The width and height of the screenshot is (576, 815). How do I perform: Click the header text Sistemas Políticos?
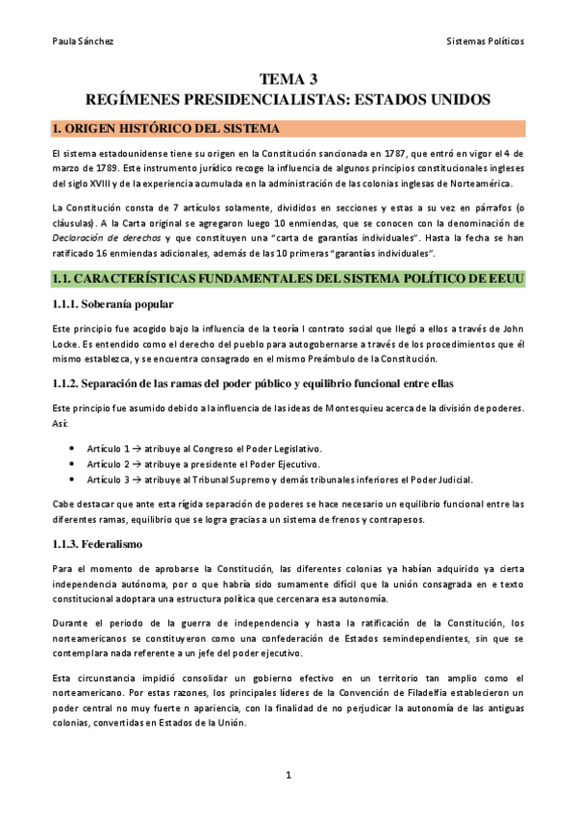click(486, 41)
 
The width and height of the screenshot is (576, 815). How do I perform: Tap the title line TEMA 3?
click(288, 80)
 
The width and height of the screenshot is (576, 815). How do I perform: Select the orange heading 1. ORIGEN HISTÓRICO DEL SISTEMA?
click(167, 129)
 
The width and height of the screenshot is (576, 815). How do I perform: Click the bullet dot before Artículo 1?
click(74, 450)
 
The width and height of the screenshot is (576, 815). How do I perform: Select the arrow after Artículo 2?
click(137, 464)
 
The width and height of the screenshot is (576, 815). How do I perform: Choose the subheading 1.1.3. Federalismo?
click(98, 544)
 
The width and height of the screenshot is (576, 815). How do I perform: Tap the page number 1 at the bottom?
click(288, 775)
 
